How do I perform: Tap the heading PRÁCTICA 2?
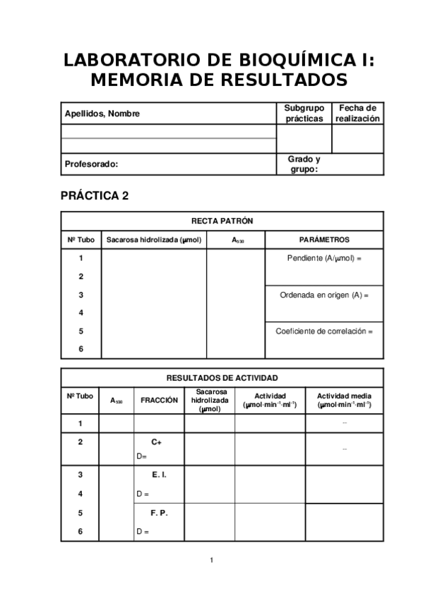(x=95, y=196)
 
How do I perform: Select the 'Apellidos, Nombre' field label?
(x=102, y=114)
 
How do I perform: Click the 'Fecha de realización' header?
(x=357, y=114)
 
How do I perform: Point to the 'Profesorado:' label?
(x=91, y=164)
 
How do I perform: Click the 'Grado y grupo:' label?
(x=304, y=164)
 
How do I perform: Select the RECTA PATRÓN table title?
(x=222, y=221)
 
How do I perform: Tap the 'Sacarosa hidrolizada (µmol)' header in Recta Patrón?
(x=154, y=240)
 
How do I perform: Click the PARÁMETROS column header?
(x=324, y=240)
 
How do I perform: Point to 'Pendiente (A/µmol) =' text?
(x=324, y=258)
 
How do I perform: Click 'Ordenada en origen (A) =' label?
(x=324, y=295)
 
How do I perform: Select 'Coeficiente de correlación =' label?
(x=324, y=331)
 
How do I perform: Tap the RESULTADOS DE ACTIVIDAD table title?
(x=222, y=377)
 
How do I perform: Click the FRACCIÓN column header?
(x=159, y=400)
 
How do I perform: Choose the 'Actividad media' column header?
(x=344, y=400)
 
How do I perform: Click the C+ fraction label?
(x=157, y=441)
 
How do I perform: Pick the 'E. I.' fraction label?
(x=159, y=475)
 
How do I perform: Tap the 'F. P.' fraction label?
(x=159, y=513)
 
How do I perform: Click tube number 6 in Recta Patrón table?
(x=81, y=349)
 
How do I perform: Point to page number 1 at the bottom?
(x=211, y=561)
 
